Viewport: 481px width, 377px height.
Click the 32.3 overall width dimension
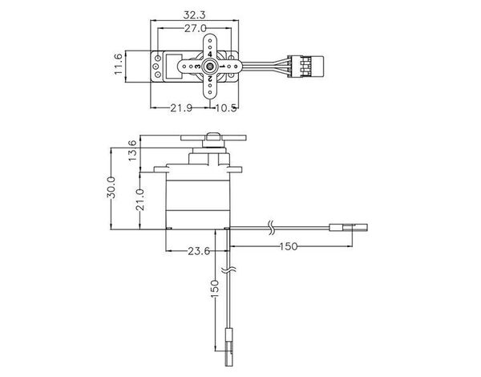click(195, 14)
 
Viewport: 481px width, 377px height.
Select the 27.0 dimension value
click(195, 28)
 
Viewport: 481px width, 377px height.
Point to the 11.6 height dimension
click(119, 64)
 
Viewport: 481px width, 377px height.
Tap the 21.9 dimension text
click(181, 107)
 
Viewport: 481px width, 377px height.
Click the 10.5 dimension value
click(226, 107)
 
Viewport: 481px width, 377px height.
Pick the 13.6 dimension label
click(132, 151)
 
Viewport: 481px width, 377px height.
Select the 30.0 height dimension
click(111, 187)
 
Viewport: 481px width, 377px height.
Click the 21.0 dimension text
click(139, 200)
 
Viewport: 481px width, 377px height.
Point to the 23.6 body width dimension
click(199, 251)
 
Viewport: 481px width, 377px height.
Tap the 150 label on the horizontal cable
click(289, 246)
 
